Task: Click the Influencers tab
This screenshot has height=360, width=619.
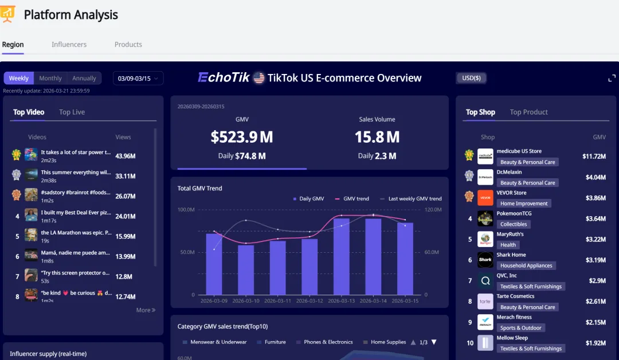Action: coord(69,45)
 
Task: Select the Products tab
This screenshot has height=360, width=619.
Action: coord(128,45)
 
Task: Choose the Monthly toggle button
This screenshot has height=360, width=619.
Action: coord(50,79)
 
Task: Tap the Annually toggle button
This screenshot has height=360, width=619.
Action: coord(84,79)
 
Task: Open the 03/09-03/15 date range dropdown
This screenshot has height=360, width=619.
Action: coord(138,79)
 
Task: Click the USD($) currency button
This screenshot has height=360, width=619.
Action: coord(471,78)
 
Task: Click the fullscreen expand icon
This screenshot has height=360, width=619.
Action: coord(612,78)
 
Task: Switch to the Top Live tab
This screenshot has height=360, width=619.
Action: coord(72,112)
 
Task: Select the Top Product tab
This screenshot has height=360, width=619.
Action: coord(528,112)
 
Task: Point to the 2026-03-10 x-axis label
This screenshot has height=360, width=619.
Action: coord(246,301)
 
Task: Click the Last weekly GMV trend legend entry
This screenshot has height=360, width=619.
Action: coord(411,199)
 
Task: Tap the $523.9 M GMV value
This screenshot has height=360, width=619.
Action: coord(242,138)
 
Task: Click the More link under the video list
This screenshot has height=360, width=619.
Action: coord(146,310)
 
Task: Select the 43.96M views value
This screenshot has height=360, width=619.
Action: coord(125,156)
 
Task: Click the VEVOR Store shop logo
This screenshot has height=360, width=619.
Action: coord(485,198)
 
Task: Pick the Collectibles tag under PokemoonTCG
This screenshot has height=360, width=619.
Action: coord(514,224)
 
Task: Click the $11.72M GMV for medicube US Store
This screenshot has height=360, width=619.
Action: coord(594,156)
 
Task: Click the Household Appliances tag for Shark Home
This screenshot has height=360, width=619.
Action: coord(526,265)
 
